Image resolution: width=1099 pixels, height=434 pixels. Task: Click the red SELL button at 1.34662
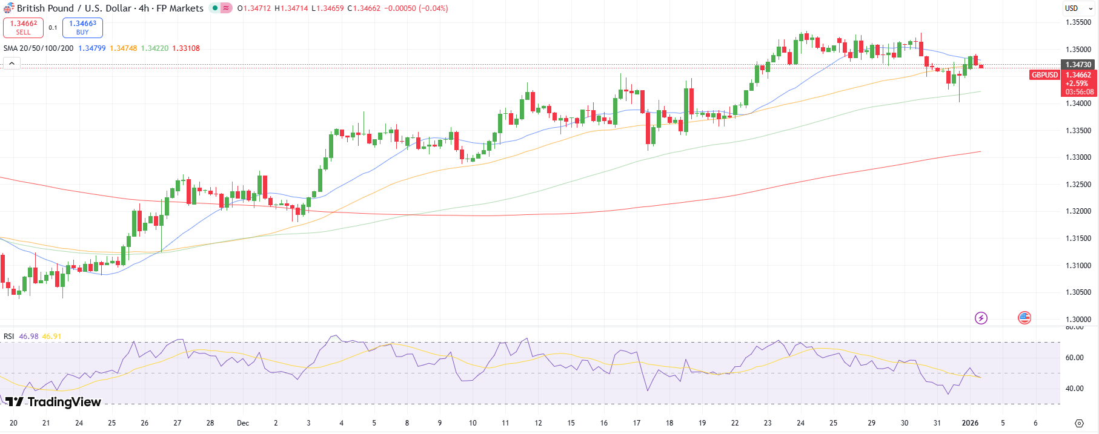pos(23,27)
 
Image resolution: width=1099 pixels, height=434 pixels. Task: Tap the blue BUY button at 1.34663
pos(82,27)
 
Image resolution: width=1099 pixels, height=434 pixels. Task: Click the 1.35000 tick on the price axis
pos(1078,50)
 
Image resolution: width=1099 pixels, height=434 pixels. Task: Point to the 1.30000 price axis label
pos(1078,319)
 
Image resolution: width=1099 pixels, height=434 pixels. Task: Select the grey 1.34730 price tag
pos(1078,65)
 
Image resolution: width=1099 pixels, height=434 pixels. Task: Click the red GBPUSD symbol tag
pos(1044,75)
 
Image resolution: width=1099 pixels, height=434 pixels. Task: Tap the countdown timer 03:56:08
pos(1079,92)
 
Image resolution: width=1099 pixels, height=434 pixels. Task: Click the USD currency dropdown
pos(1078,8)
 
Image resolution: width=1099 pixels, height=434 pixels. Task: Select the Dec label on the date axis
pos(243,423)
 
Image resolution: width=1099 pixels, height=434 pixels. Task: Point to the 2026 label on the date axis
pos(970,423)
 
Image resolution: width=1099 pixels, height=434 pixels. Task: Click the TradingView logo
pos(53,402)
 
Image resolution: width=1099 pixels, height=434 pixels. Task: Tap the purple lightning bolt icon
pos(981,318)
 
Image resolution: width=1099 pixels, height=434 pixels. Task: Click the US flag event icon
pos(1024,318)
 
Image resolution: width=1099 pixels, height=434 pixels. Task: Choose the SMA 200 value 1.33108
pos(186,48)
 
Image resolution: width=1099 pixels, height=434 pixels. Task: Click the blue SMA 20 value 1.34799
pos(92,48)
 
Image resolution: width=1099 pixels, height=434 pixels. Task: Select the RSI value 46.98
pos(28,337)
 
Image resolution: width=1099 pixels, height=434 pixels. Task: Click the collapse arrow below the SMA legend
pos(12,63)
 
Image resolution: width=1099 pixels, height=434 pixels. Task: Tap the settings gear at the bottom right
pos(1079,423)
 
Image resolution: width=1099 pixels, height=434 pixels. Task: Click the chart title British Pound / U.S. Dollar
pos(110,8)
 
